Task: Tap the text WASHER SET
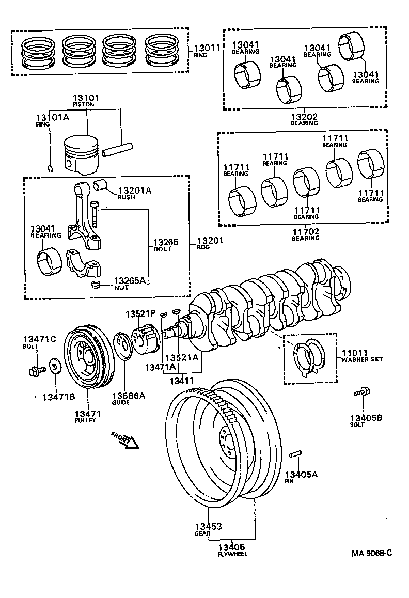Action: (361, 359)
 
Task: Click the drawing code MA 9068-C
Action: (372, 554)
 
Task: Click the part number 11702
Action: (305, 231)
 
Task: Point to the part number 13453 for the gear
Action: (208, 527)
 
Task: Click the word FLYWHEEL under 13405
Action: (231, 554)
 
